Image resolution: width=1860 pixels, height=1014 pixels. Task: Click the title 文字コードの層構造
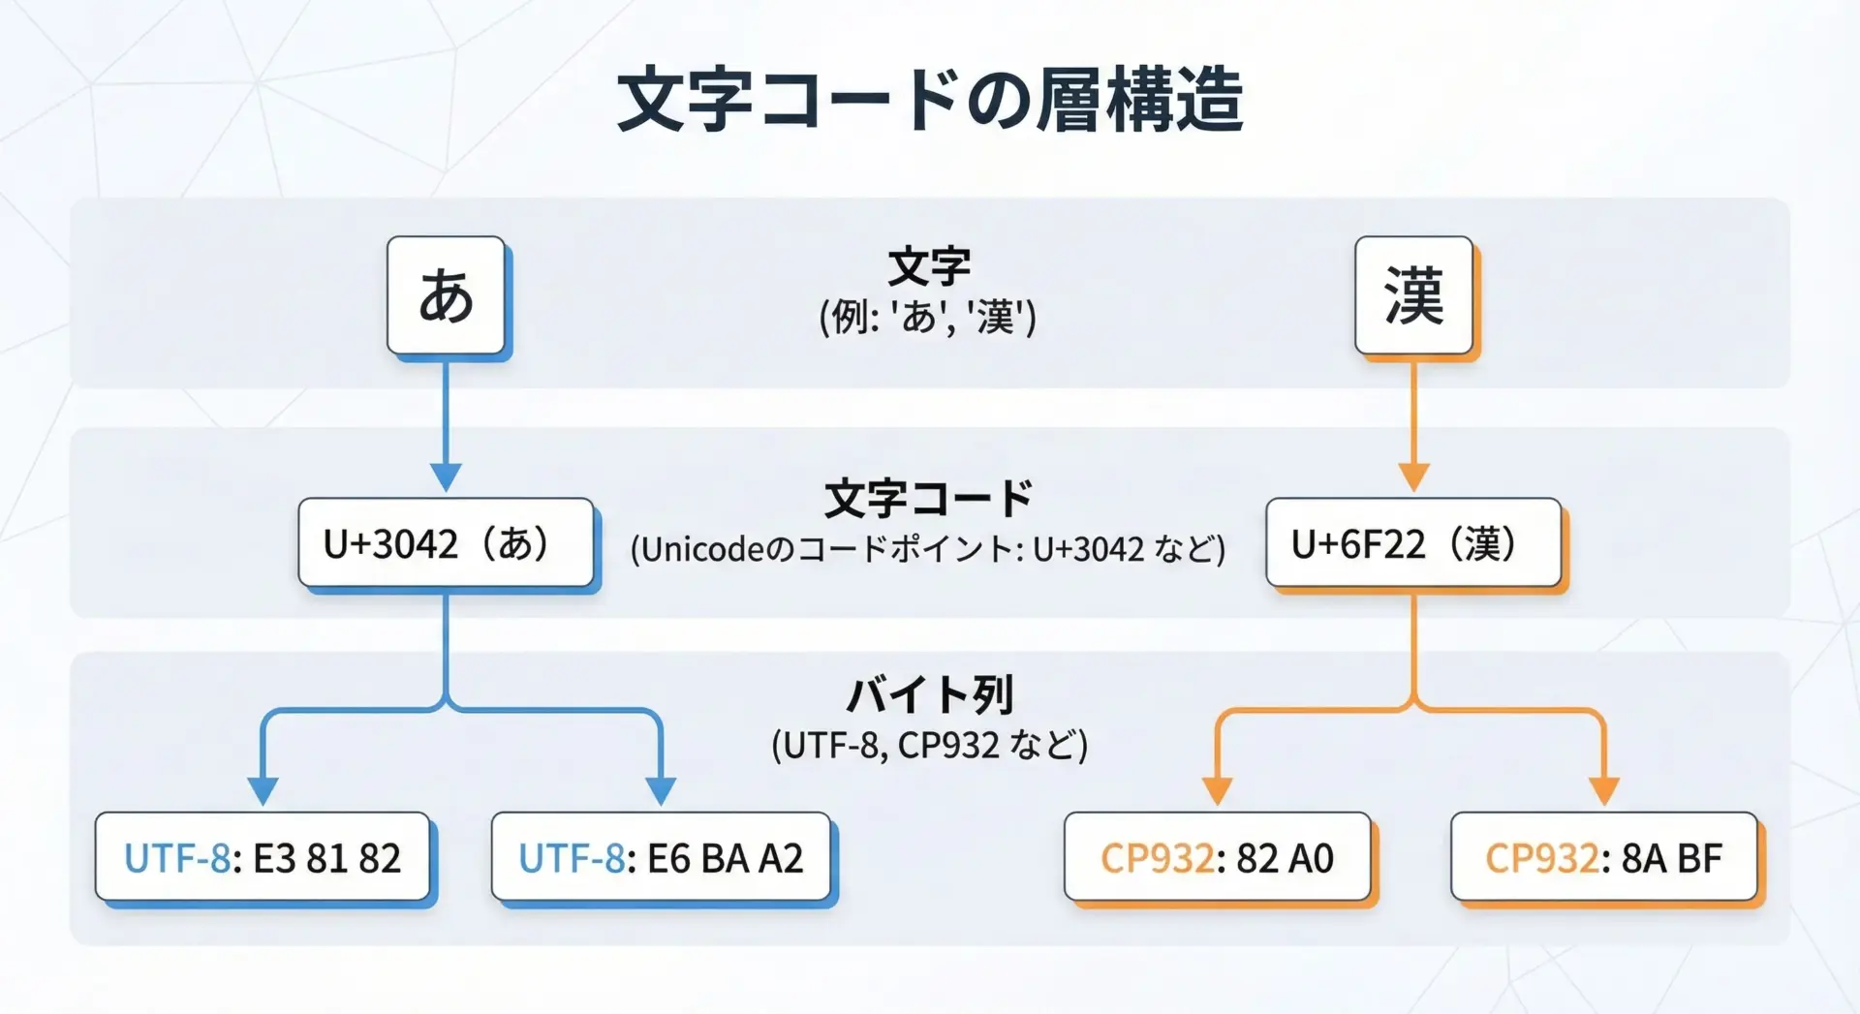(x=930, y=100)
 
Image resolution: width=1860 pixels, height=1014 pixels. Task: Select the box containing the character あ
(x=446, y=295)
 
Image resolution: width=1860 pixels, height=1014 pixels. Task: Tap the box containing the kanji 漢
(x=1413, y=295)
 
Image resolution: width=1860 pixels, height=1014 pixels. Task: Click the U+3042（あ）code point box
(x=446, y=543)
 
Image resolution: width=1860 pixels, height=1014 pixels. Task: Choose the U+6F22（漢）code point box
(x=1413, y=543)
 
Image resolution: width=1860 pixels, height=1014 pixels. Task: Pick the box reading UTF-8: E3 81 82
(x=263, y=857)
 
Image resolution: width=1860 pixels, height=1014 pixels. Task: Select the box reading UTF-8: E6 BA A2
(x=661, y=857)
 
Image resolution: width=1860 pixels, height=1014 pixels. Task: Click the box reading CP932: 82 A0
(x=1217, y=857)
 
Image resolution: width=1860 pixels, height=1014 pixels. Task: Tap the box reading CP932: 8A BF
(x=1603, y=857)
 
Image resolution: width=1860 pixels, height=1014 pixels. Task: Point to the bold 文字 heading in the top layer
(x=929, y=265)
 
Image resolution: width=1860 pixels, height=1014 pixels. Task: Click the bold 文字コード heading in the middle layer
(x=929, y=498)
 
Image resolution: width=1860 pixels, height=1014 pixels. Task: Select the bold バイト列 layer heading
(x=929, y=694)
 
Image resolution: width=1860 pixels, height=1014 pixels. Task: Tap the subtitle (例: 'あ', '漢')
(x=928, y=317)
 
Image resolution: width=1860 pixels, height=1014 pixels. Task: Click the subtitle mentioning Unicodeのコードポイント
(x=928, y=549)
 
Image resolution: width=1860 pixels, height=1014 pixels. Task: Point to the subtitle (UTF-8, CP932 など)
(x=929, y=745)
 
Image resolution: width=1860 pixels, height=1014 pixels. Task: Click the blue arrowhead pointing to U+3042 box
(x=446, y=477)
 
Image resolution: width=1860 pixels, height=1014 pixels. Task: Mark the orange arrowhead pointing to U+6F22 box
(x=1413, y=477)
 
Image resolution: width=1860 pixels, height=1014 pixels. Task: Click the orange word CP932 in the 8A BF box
(x=1541, y=858)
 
